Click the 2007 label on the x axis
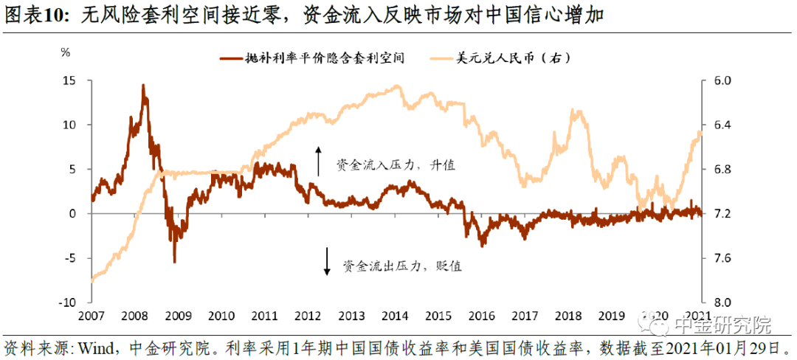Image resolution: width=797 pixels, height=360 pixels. point(92,316)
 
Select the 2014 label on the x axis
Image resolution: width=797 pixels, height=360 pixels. point(396,316)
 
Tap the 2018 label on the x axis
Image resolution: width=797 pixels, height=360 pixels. point(570,316)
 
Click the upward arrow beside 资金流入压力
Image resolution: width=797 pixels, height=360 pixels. point(319,161)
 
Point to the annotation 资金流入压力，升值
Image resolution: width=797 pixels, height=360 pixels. point(396,165)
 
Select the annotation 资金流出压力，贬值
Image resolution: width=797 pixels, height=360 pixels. point(402,266)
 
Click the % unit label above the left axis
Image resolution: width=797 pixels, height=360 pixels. point(65,53)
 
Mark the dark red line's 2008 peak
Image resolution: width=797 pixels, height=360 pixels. point(142,86)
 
